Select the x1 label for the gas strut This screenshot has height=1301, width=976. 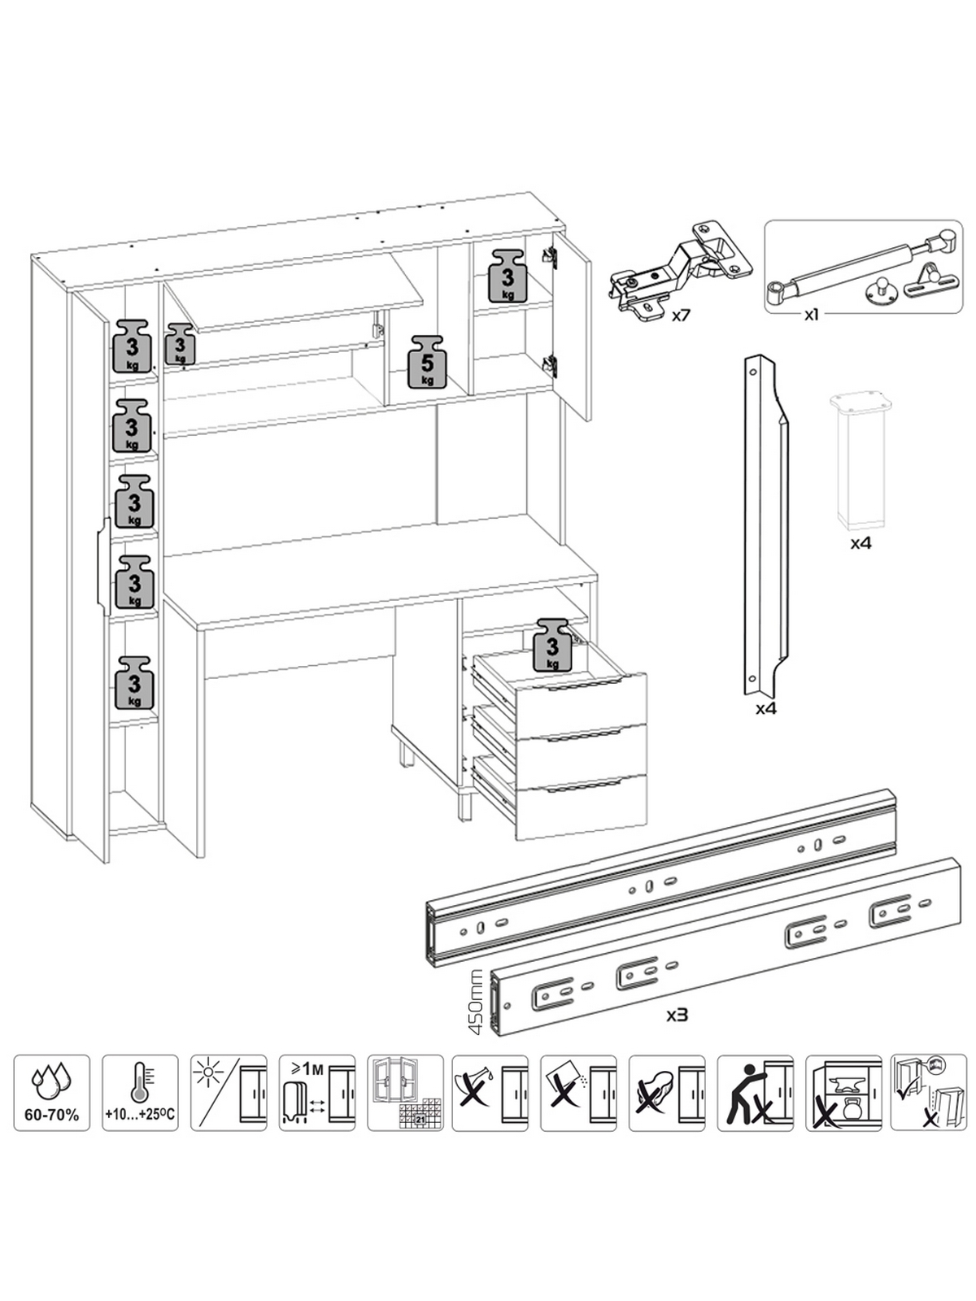810,315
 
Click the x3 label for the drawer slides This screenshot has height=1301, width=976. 678,1014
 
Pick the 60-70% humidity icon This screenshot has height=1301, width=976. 51,1092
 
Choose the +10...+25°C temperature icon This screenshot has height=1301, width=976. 140,1092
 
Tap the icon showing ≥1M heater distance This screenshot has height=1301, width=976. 317,1092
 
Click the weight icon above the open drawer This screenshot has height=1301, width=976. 553,644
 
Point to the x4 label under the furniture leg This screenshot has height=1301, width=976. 861,542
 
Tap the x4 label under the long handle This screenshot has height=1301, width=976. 766,708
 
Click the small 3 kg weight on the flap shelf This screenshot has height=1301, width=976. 180,344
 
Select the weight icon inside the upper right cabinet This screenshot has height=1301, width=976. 508,275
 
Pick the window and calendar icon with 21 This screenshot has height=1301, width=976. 405,1092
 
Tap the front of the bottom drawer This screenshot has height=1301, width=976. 582,807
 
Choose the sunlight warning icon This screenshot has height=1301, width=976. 229,1092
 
